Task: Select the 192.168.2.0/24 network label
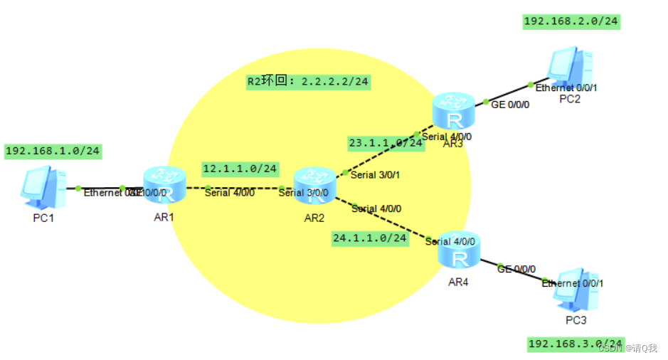coord(571,21)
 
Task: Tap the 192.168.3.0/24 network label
coord(576,344)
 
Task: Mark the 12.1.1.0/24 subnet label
coord(239,169)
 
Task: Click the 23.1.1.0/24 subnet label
coord(385,142)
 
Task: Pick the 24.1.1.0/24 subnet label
coord(370,238)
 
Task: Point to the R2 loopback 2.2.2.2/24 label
coord(307,82)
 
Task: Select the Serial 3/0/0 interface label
coord(304,192)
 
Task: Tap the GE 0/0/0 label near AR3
coord(510,104)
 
